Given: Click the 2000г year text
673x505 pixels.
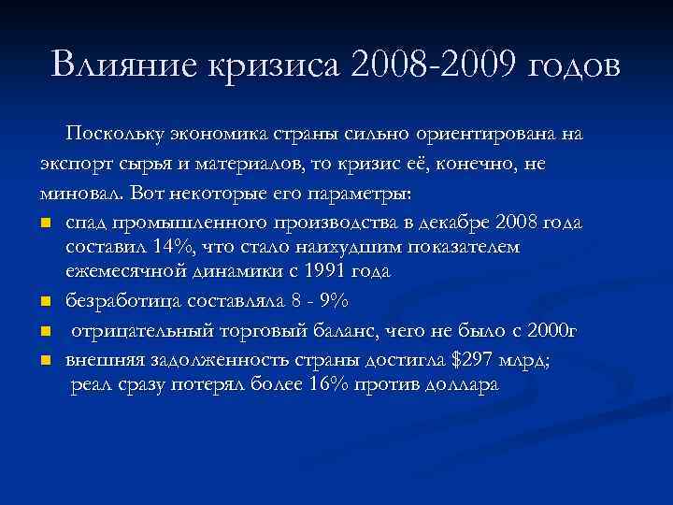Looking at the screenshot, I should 552,329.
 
